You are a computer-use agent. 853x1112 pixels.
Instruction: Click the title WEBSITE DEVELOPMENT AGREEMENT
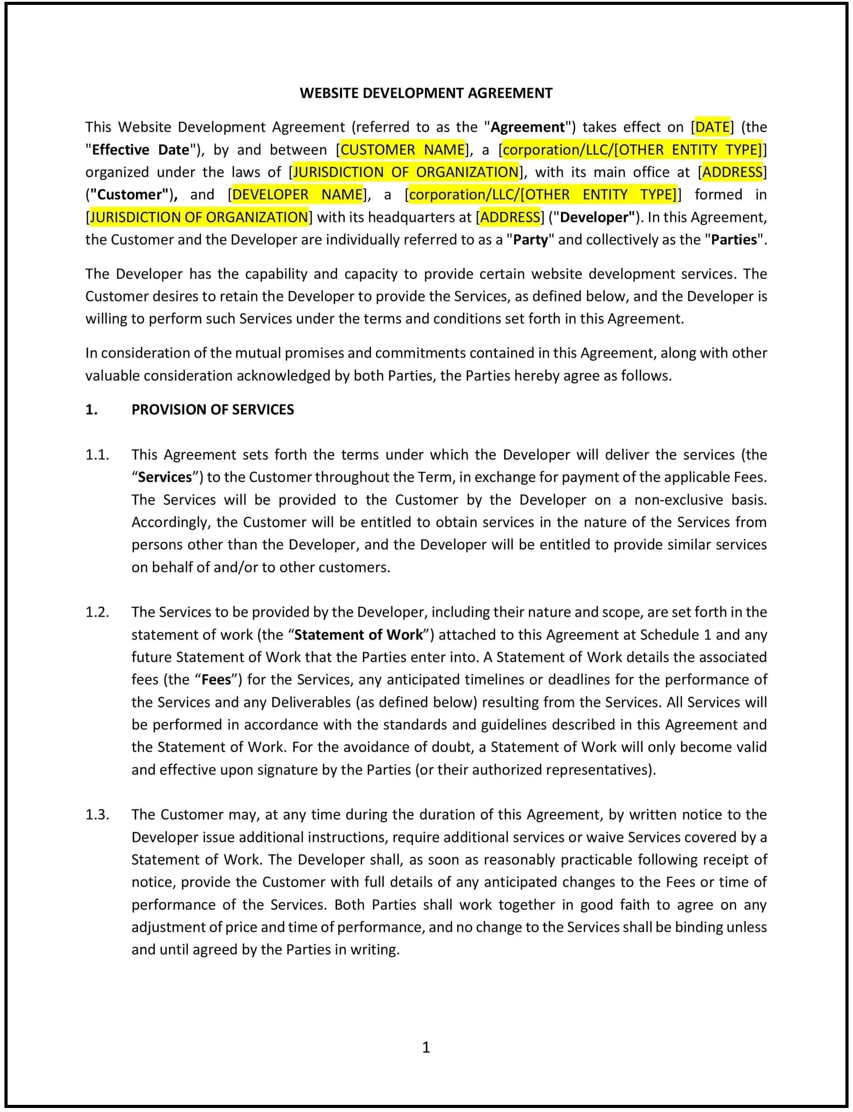tap(426, 93)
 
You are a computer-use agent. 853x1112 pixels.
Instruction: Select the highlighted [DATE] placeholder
tap(712, 127)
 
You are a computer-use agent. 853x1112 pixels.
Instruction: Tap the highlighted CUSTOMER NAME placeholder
tap(402, 150)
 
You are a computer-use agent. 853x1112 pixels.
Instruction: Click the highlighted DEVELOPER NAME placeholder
tap(297, 194)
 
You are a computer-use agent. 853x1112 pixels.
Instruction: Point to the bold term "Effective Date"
tap(140, 150)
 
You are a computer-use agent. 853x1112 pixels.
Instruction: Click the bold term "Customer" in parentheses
tap(129, 194)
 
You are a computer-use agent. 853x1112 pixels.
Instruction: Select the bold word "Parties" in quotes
tap(733, 240)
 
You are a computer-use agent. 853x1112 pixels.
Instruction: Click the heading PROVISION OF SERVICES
tap(212, 410)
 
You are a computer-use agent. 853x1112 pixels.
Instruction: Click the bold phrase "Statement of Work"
tap(358, 635)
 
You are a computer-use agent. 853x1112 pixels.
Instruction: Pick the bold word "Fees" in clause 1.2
tap(216, 680)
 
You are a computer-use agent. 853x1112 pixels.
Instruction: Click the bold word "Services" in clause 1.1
tap(165, 477)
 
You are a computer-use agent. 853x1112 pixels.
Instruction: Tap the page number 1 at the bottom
tap(426, 1047)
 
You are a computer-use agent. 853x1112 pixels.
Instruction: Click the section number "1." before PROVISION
tap(91, 410)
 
